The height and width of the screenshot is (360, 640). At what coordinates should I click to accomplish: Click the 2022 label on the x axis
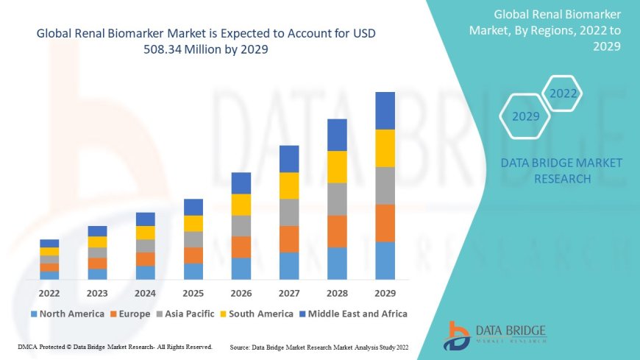point(49,292)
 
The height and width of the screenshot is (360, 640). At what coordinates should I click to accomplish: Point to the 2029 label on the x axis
point(385,292)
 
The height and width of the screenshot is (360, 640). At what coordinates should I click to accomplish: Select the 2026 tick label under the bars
point(241,292)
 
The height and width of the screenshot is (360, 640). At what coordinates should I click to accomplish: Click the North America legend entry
point(67,314)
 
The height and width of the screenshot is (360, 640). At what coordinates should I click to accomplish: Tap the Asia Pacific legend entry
point(190,314)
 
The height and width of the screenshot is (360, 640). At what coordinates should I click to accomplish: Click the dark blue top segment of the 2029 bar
point(385,110)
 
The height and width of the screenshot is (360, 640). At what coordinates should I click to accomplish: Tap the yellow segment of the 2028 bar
point(337,166)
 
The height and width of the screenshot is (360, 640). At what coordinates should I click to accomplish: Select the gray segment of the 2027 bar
point(289,212)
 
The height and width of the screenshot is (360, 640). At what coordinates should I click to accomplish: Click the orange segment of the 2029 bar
point(385,223)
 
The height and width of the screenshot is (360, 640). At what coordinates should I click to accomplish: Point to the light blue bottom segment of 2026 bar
point(241,269)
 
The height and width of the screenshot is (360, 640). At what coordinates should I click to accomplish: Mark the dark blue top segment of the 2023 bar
point(97,231)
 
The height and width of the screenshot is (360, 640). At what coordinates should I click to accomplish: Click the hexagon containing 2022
point(563,93)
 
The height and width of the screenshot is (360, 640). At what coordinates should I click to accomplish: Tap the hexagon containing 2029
point(525,116)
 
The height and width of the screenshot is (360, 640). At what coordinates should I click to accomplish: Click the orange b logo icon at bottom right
point(456,335)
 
